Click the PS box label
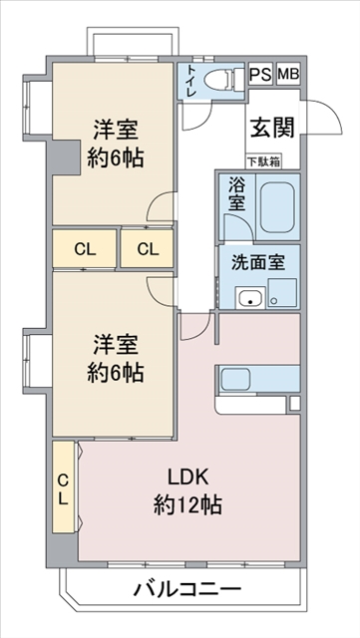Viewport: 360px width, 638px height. click(x=260, y=75)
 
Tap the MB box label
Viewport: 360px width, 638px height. click(x=288, y=75)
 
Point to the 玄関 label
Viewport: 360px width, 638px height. click(x=271, y=129)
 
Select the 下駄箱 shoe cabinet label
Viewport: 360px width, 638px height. click(x=264, y=161)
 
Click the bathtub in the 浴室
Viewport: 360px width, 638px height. click(x=278, y=206)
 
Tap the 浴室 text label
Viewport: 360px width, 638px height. click(x=237, y=193)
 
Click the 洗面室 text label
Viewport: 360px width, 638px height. click(x=258, y=263)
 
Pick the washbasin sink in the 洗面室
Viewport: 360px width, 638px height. click(x=250, y=297)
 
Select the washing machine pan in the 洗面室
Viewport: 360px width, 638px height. click(x=282, y=292)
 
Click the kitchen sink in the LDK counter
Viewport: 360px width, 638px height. click(x=237, y=379)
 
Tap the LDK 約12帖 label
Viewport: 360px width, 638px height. click(x=187, y=491)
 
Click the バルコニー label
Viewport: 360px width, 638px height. click(x=187, y=589)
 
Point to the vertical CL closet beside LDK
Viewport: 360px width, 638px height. click(x=63, y=486)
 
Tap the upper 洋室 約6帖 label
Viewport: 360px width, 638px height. click(x=116, y=143)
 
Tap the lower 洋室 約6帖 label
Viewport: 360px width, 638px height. click(x=116, y=358)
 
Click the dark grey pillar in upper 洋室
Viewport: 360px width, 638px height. click(x=65, y=157)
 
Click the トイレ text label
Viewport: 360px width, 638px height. click(x=191, y=81)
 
